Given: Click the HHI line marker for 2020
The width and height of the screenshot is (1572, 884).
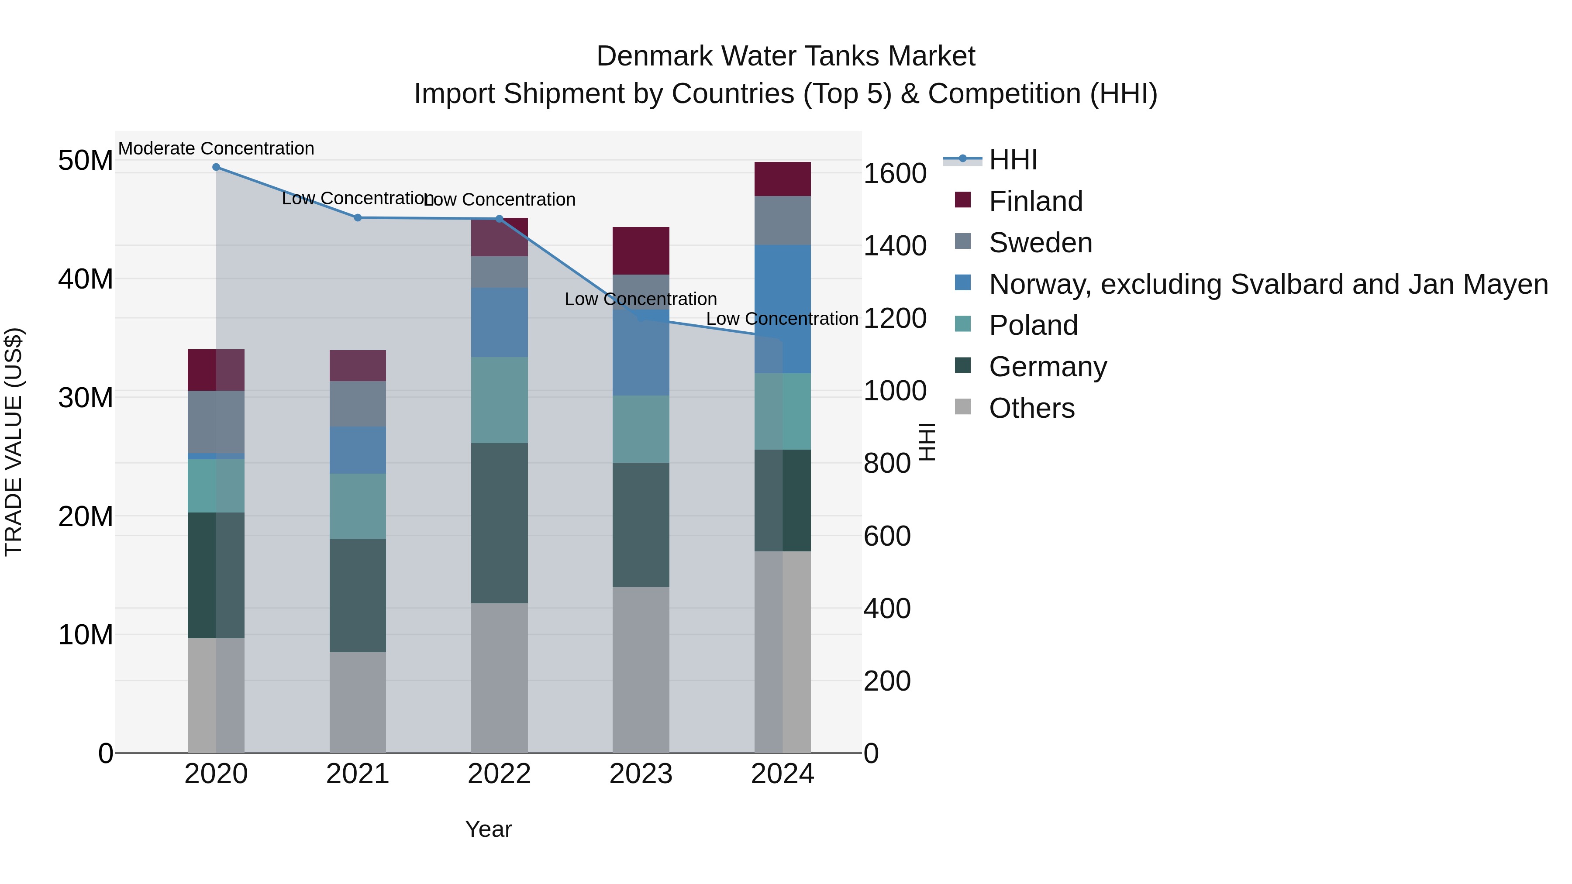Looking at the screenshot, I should [x=216, y=167].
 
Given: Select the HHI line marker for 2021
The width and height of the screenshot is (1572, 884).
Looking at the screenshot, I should [x=358, y=218].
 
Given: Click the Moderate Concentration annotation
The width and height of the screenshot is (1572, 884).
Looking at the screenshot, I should [x=216, y=148].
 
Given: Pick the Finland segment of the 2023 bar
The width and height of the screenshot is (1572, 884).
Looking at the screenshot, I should [x=641, y=251].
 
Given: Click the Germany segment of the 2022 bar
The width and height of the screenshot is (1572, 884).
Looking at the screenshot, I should [x=499, y=523].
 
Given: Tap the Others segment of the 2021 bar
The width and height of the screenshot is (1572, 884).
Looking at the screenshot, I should [x=358, y=702].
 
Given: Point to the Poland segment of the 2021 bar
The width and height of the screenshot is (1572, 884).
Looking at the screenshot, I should [x=358, y=506].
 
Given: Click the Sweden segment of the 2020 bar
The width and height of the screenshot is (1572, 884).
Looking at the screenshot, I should [x=216, y=422].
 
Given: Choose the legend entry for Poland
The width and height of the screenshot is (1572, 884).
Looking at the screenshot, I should [x=1033, y=325].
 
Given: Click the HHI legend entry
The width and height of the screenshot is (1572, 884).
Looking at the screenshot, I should [x=1013, y=160].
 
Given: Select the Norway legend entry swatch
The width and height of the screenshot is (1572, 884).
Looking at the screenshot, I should [x=962, y=283].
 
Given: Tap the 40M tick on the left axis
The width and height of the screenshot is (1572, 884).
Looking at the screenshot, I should [x=86, y=279].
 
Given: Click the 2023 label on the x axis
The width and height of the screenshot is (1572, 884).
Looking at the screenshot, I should [x=641, y=774].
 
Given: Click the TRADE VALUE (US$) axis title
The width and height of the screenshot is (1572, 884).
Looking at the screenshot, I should [x=14, y=442].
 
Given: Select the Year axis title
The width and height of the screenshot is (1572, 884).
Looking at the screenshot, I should [x=488, y=829].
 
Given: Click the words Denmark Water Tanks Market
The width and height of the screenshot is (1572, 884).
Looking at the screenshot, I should [x=786, y=56].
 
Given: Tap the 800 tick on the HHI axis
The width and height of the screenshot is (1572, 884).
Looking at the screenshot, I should [x=887, y=464].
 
